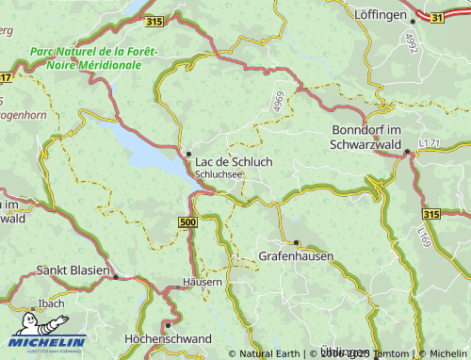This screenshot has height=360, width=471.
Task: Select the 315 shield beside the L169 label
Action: pyautogui.click(x=431, y=214)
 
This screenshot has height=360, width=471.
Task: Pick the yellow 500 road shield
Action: pyautogui.click(x=187, y=221)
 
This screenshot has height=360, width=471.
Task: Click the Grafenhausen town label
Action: pyautogui.click(x=296, y=255)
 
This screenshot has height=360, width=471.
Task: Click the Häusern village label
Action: pyautogui.click(x=203, y=282)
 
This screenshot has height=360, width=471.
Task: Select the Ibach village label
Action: pyautogui.click(x=51, y=303)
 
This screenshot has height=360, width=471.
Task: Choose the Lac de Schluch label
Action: pyautogui.click(x=234, y=161)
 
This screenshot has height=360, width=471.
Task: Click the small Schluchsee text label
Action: pyautogui.click(x=219, y=174)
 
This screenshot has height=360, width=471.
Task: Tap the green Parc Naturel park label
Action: pyautogui.click(x=93, y=58)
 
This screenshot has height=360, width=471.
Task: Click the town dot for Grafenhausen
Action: pyautogui.click(x=296, y=242)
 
